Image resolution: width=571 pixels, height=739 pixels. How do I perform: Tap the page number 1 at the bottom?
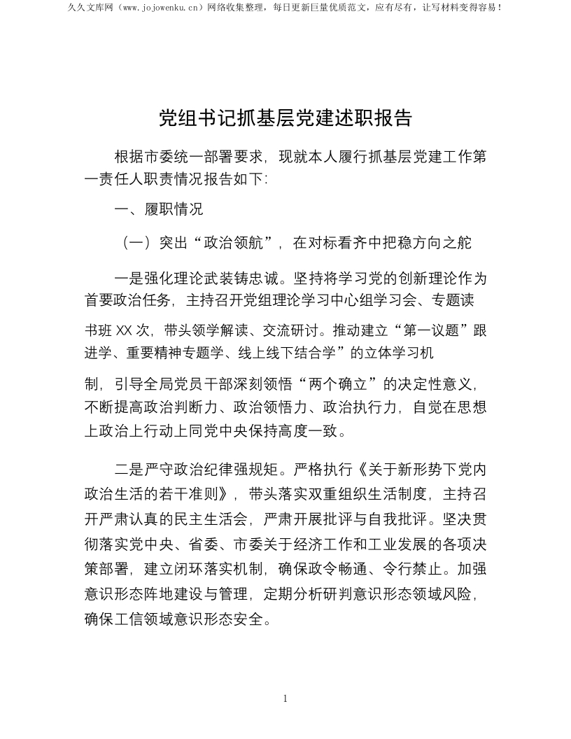285,698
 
